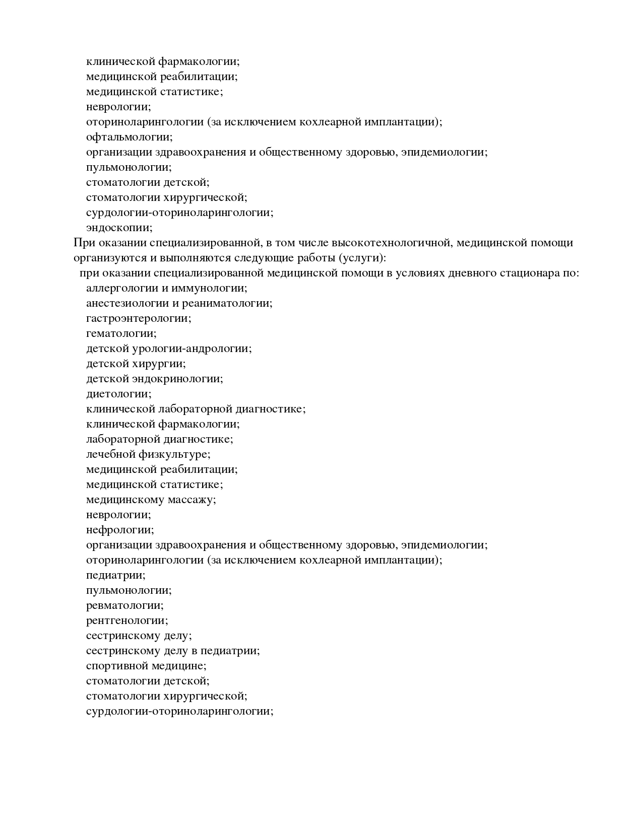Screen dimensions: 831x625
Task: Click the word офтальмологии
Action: coord(129,137)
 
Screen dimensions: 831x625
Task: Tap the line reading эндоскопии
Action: coord(119,228)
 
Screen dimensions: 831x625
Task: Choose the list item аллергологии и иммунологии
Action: coord(166,288)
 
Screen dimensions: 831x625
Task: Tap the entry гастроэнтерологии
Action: coord(139,318)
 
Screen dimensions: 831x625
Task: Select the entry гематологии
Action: coord(121,333)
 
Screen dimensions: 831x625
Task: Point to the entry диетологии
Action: coord(118,394)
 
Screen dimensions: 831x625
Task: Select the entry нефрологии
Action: coord(120,530)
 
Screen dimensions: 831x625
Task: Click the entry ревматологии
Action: coord(125,605)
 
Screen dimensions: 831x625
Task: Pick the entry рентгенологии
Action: coord(127,620)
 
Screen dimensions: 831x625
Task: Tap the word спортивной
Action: coord(117,666)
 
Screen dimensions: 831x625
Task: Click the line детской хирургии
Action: coord(136,364)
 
